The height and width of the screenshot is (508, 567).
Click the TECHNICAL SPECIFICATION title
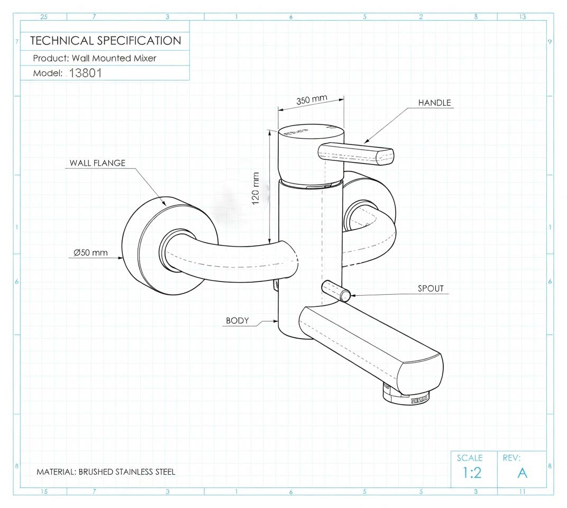pyautogui.click(x=105, y=41)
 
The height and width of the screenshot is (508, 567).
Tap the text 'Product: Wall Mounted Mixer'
pyautogui.click(x=95, y=58)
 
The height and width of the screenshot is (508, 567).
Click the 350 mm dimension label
pyautogui.click(x=312, y=100)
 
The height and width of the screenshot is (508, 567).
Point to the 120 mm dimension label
pyautogui.click(x=257, y=189)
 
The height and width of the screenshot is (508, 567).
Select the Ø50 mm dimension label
pyautogui.click(x=91, y=253)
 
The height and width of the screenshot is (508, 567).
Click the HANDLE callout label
pyautogui.click(x=435, y=103)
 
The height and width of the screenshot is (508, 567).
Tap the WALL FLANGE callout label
pyautogui.click(x=97, y=163)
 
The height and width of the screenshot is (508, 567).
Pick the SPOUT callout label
pyautogui.click(x=431, y=288)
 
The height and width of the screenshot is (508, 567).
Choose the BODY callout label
pyautogui.click(x=237, y=320)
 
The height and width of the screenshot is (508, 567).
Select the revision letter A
pyautogui.click(x=522, y=473)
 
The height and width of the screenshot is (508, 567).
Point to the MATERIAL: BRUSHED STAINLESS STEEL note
pyautogui.click(x=106, y=471)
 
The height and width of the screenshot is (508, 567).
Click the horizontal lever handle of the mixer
pyautogui.click(x=356, y=153)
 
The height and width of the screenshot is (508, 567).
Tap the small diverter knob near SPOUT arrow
pyautogui.click(x=335, y=291)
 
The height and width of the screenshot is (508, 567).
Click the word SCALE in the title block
pyautogui.click(x=470, y=458)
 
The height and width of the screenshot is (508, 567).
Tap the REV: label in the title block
pyautogui.click(x=511, y=458)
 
